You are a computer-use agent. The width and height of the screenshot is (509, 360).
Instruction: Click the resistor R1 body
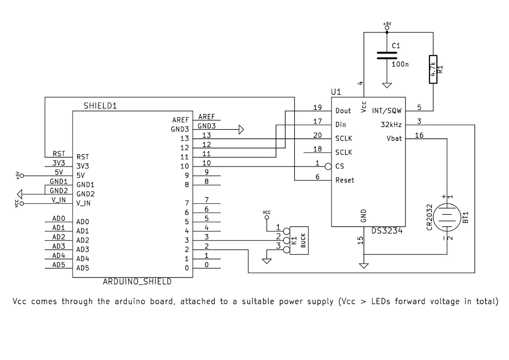tap(433, 69)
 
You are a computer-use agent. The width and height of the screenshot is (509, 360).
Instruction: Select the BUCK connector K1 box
tap(298, 240)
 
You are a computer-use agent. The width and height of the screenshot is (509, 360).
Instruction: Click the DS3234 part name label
tap(386, 231)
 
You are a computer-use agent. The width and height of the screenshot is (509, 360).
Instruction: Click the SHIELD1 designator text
tap(100, 106)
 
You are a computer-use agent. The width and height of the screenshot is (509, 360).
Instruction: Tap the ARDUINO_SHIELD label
tap(137, 281)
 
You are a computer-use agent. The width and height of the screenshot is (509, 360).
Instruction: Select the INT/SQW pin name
tap(387, 111)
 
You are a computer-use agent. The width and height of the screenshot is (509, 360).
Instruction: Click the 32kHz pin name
tap(391, 125)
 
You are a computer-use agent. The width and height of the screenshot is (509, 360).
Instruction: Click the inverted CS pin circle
tap(328, 167)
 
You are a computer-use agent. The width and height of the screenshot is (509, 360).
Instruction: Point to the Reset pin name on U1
tap(345, 180)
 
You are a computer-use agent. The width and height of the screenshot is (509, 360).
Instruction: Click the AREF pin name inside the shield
tap(180, 120)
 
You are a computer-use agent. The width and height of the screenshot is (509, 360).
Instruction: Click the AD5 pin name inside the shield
tap(83, 268)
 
